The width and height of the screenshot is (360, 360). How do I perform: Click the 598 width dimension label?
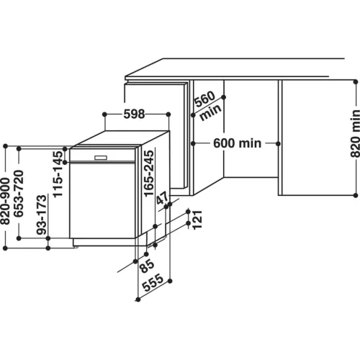tap(135, 114)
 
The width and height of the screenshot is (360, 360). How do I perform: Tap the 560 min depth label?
tap(207, 106)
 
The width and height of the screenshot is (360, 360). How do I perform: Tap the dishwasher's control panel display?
tap(100, 156)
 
